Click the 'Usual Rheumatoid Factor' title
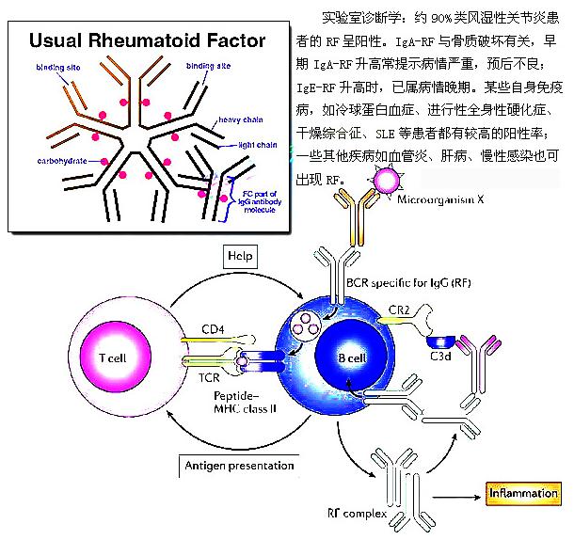click(147, 41)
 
